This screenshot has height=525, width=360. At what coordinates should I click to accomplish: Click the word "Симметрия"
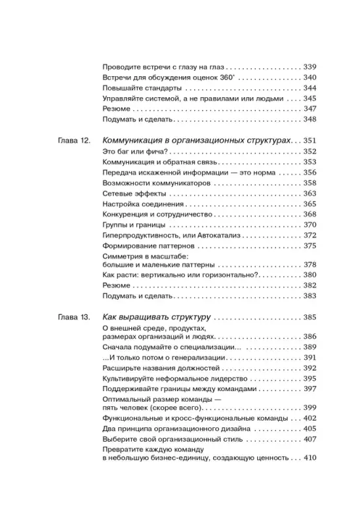tap(127, 257)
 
